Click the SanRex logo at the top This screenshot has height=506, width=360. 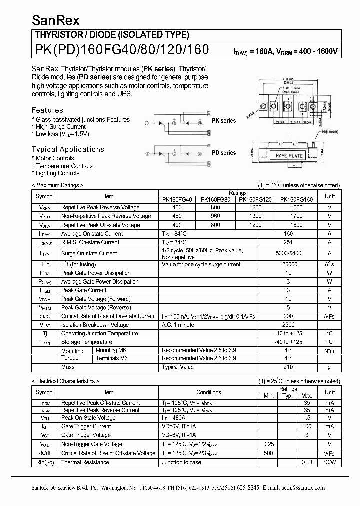point(49,20)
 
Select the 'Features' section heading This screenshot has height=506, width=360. point(47,110)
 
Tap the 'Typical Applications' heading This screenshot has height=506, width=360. point(68,149)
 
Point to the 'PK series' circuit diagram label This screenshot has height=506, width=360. point(223,121)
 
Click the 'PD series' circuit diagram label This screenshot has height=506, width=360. point(223,153)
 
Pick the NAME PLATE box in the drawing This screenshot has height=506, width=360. point(289,156)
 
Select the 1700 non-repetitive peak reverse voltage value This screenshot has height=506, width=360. point(296,216)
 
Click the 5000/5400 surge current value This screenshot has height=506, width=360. point(288,253)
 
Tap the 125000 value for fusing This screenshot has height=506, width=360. point(288,264)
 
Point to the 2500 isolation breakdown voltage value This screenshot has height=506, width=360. point(288,325)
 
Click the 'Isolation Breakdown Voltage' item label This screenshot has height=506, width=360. point(95,325)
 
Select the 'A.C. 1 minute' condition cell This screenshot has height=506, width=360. point(178,325)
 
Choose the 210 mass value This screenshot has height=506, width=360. point(288,367)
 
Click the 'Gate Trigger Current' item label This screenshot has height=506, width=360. point(86,426)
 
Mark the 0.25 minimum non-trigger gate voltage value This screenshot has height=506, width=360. point(268,444)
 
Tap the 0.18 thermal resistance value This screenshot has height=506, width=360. point(307,462)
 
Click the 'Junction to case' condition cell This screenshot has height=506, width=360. point(181,462)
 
